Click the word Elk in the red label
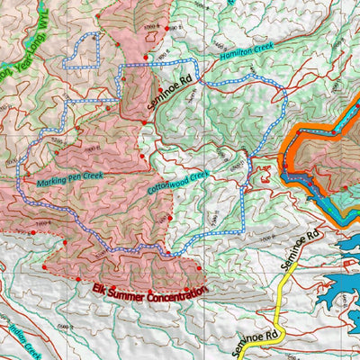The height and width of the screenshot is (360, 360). click(x=100, y=289)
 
